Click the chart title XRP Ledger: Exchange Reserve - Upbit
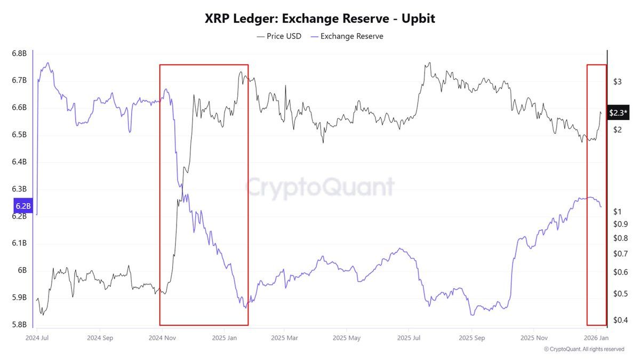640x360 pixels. [x=320, y=19]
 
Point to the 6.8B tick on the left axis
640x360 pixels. [x=19, y=54]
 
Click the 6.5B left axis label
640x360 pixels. [x=19, y=135]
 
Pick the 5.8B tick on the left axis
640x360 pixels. [x=19, y=325]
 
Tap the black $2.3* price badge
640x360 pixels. [x=618, y=113]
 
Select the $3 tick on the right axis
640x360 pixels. [x=617, y=82]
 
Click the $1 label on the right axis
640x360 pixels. [x=617, y=211]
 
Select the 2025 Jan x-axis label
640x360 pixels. [x=225, y=338]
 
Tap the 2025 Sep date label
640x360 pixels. [x=472, y=338]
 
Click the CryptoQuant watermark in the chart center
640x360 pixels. [x=320, y=187]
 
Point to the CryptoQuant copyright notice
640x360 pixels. [x=584, y=349]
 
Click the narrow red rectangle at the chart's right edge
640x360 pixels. [x=596, y=195]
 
